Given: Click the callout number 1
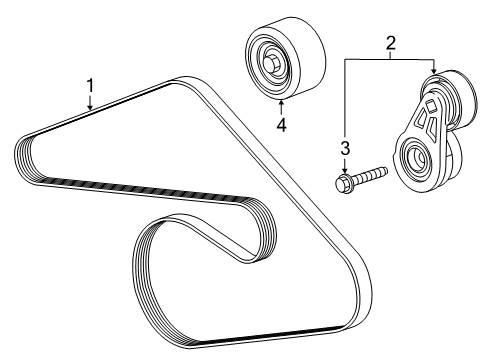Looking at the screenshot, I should coord(90,87).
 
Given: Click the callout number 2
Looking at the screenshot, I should coord(391,43).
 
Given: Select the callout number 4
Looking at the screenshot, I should coord(281,124).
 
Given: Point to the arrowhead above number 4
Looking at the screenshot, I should coord(281,100).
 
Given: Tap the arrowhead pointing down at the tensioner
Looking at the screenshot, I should coord(433,72).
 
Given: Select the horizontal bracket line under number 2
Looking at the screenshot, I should coord(391,61).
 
